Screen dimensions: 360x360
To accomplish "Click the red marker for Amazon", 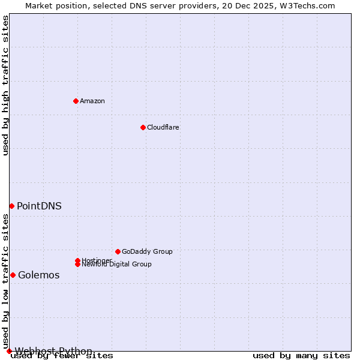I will click(x=76, y=101).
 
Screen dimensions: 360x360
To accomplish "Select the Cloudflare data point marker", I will click(x=143, y=127).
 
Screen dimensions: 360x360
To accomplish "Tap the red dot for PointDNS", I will click(x=11, y=206).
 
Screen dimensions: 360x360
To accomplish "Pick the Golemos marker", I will click(x=13, y=275).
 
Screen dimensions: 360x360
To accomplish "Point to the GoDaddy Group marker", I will click(x=118, y=251).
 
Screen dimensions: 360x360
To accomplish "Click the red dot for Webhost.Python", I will click(x=9, y=351).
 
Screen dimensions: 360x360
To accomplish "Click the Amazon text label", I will click(x=92, y=101).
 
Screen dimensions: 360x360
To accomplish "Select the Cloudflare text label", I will click(x=163, y=127).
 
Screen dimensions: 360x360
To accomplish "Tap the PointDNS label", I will click(x=39, y=206).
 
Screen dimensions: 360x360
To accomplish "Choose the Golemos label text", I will click(x=39, y=275).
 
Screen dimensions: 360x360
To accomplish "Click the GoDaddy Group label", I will click(x=147, y=251).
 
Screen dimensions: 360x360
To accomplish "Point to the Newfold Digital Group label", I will click(x=117, y=265).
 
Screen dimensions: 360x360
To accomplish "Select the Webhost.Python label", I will click(x=53, y=351).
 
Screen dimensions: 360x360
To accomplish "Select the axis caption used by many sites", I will click(x=301, y=355).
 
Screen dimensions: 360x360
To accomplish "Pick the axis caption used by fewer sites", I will click(x=62, y=355).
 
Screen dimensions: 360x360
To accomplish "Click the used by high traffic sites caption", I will click(x=6, y=85).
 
